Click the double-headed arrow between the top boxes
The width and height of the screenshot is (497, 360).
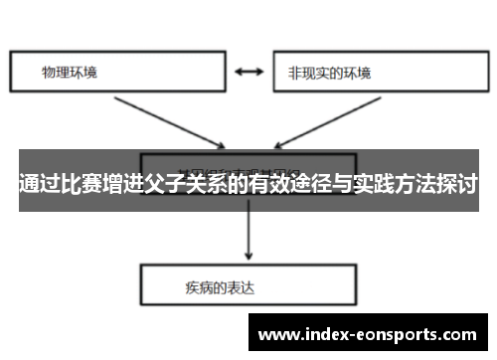point(248,72)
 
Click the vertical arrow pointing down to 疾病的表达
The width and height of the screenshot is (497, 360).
point(248,234)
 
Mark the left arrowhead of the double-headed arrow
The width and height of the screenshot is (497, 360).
point(236,72)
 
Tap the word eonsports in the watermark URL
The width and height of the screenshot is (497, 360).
point(397,333)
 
